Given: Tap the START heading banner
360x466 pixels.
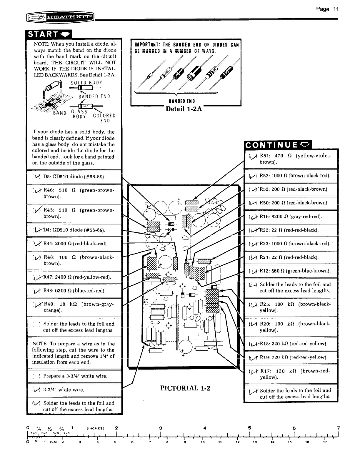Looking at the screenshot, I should (x=49, y=35).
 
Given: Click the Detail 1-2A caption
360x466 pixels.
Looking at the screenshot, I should (x=184, y=108).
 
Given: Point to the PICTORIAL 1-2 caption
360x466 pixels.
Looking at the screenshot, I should (x=185, y=388).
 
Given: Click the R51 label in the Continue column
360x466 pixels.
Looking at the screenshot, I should (x=265, y=156).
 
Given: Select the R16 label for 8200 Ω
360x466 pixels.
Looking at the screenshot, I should (x=265, y=217).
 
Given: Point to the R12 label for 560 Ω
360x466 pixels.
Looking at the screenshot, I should (x=265, y=271).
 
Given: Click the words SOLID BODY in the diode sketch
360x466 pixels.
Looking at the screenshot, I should (x=86, y=83).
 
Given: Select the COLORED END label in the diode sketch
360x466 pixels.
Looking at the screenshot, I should (x=104, y=118).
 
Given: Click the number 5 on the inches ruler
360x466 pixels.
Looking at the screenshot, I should (x=249, y=428).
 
